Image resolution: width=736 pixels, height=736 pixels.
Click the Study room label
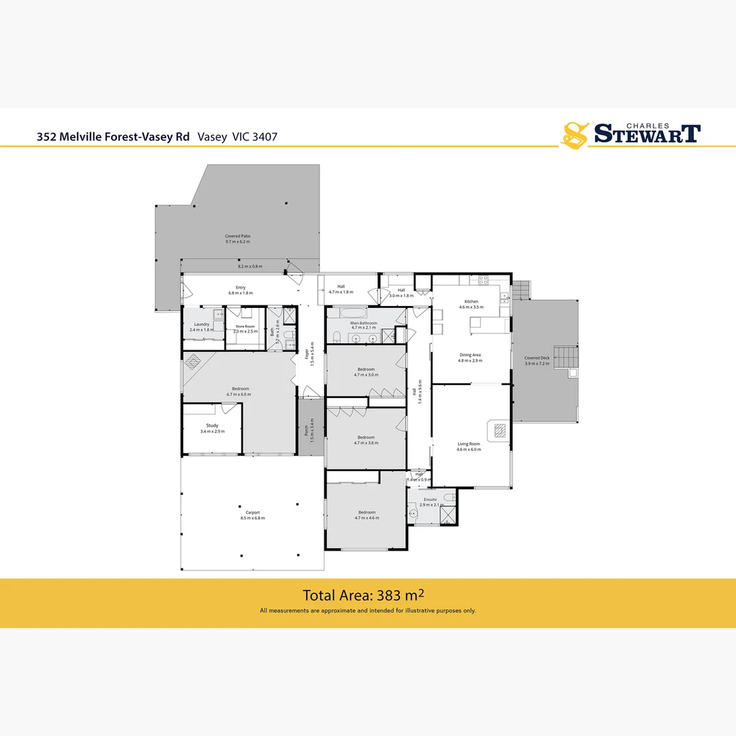tap(212, 425)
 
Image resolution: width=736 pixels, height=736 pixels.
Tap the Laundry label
tap(201, 324)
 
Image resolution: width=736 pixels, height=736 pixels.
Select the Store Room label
tap(245, 326)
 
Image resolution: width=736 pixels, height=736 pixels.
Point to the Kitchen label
tap(471, 301)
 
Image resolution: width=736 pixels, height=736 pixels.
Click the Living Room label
tap(468, 444)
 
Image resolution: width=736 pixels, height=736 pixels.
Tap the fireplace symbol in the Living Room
tap(498, 430)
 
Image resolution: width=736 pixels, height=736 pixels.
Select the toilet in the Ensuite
tap(448, 498)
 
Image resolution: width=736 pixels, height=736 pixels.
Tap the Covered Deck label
tap(536, 358)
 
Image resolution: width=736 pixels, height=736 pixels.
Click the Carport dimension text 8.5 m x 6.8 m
tap(252, 519)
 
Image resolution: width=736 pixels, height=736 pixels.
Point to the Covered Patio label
tap(238, 236)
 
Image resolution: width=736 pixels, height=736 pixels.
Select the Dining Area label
tap(470, 355)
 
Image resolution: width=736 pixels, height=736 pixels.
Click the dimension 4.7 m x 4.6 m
tap(366, 519)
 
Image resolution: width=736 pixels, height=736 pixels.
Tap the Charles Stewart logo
tap(630, 134)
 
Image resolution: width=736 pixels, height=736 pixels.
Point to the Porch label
tap(305, 433)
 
